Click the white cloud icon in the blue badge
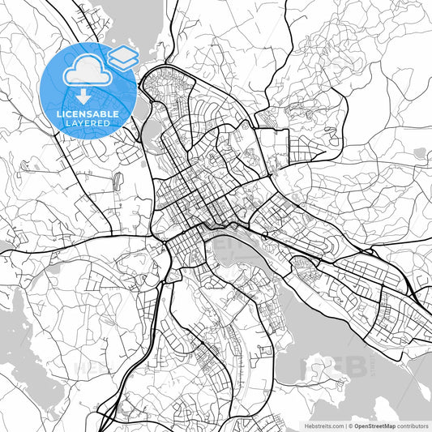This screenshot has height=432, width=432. [x=83, y=72]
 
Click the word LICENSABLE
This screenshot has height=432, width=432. [x=87, y=114]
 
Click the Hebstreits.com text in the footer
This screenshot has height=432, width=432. [x=320, y=425]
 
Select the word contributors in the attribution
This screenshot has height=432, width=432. [x=414, y=425]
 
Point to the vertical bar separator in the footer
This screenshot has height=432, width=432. [x=345, y=425]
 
